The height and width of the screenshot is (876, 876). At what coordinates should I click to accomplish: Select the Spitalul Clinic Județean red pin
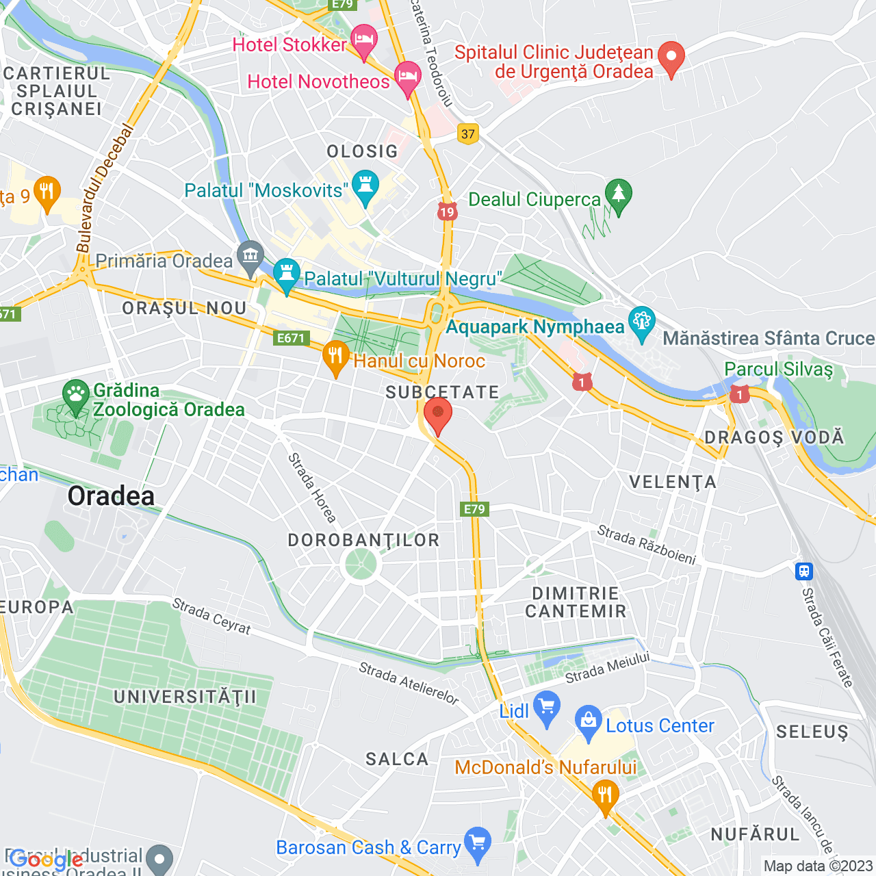tap(671, 57)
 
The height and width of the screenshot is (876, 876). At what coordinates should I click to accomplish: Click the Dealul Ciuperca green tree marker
tap(619, 195)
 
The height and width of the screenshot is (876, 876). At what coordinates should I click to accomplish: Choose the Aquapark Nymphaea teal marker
tap(642, 322)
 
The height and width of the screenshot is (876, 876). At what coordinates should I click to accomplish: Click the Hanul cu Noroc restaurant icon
tap(335, 356)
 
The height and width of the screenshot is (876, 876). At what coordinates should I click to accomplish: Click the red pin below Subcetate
tap(438, 414)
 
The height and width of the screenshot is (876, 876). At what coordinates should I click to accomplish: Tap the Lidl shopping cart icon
tap(546, 707)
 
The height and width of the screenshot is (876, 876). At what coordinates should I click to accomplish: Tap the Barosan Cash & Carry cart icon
tap(477, 842)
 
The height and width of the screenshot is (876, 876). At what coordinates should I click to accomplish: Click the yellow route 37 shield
tap(468, 133)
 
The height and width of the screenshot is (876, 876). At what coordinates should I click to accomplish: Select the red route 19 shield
tap(447, 211)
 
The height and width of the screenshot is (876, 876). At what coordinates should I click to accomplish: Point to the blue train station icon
tap(804, 571)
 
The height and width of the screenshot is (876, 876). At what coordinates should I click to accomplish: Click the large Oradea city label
tap(111, 496)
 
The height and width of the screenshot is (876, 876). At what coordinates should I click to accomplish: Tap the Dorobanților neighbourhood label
tap(363, 540)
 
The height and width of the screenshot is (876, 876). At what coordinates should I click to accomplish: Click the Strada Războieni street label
tap(646, 545)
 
